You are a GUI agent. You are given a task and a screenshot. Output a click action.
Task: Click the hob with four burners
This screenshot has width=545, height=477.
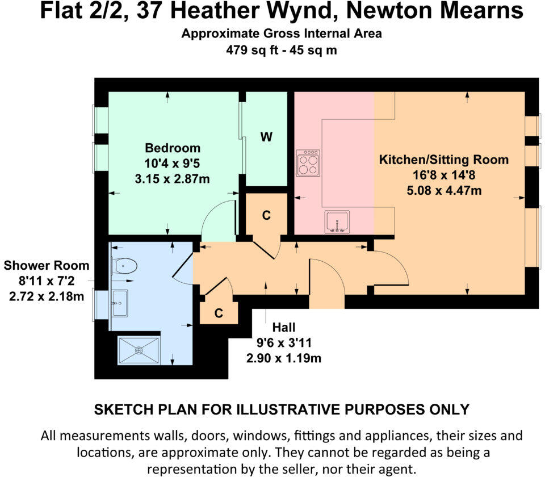308,164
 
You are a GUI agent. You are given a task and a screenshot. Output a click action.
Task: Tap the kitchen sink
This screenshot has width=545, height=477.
337,221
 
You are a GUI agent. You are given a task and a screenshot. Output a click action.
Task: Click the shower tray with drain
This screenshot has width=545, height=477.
139,350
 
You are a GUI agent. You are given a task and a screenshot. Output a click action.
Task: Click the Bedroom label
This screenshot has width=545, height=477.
173,148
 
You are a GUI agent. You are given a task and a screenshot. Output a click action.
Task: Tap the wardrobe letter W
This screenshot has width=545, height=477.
266,137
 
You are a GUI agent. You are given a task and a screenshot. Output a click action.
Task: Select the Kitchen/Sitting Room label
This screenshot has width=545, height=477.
443,159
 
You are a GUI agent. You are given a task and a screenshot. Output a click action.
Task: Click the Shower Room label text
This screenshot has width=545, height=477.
47,265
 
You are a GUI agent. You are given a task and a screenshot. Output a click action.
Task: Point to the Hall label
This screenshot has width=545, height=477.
283,328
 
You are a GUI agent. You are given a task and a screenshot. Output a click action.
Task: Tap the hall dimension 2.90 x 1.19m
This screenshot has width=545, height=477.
283,358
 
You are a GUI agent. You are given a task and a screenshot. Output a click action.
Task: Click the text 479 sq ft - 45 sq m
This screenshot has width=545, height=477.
281,50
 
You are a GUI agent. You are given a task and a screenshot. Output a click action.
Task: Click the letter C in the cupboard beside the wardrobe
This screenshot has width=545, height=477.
266,216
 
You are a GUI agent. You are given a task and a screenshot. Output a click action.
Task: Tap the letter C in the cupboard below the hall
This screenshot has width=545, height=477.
219,313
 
